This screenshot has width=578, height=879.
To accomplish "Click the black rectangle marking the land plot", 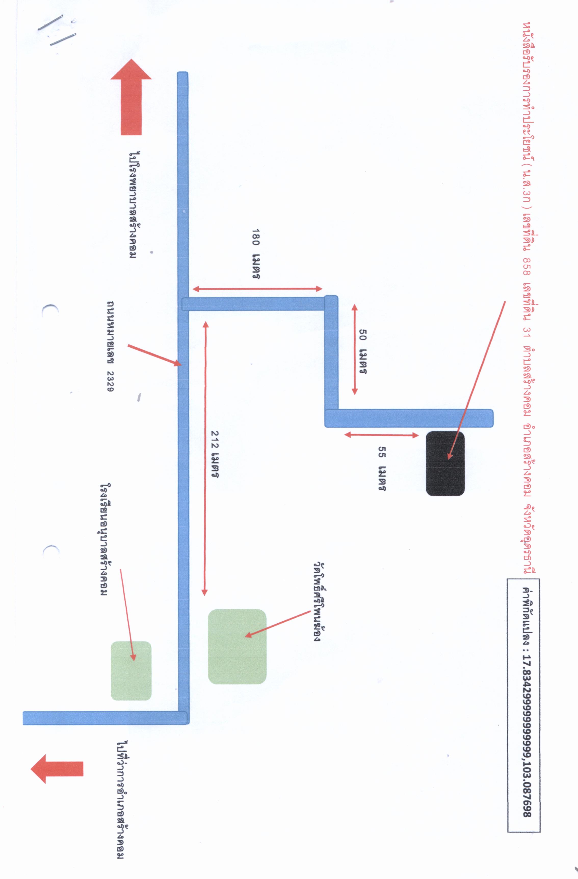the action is [445, 463].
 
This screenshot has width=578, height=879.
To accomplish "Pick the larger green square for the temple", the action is [237, 646].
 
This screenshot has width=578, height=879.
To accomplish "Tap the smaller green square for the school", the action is [131, 670].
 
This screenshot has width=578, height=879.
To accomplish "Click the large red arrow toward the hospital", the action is [131, 97].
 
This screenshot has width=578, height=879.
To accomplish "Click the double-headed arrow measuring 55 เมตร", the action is [382, 435].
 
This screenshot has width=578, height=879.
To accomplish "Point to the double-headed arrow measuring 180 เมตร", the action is [257, 289].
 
